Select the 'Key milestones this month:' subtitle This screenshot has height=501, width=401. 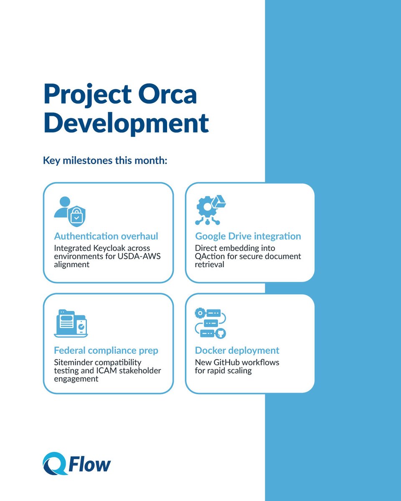[x=105, y=160]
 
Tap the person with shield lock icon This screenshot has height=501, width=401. [x=69, y=211]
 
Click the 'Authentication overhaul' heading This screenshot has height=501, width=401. [x=106, y=236]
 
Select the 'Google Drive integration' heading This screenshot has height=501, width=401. [x=248, y=236]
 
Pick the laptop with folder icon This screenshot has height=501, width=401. [x=71, y=324]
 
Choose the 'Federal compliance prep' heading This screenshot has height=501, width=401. [x=106, y=350]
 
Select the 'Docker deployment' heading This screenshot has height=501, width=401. [x=237, y=350]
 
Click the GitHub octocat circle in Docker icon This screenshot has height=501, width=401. [x=220, y=333]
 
